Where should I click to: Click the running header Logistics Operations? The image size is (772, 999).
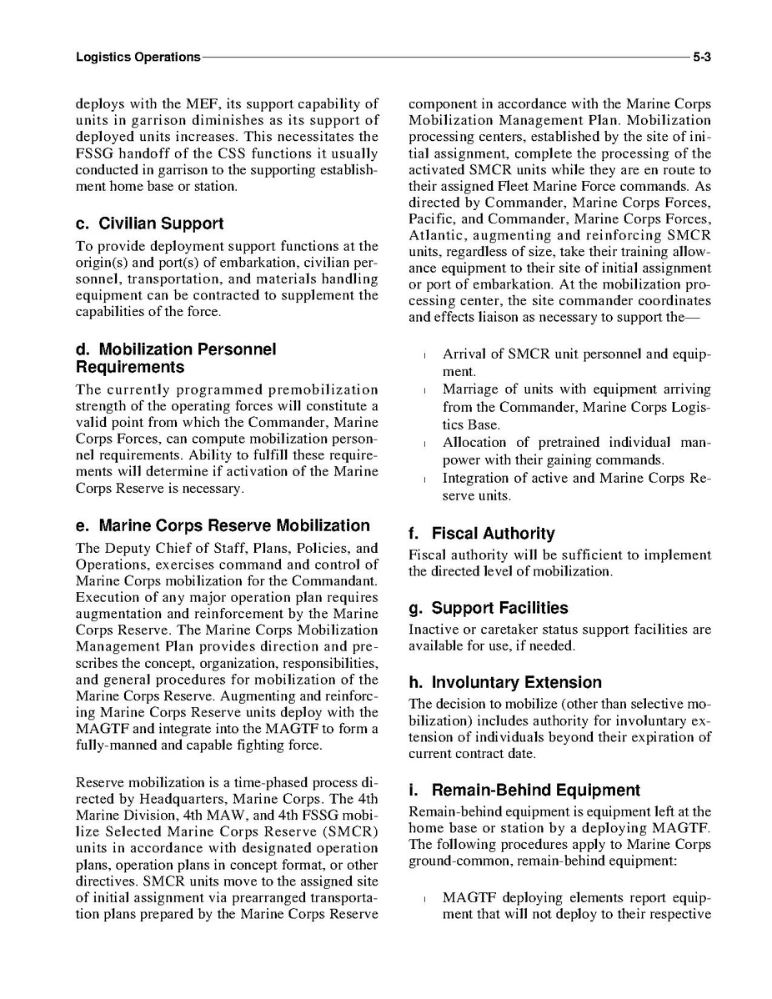[138, 58]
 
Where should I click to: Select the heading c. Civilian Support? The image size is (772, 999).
[149, 223]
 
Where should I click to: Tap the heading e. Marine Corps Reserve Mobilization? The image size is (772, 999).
[223, 526]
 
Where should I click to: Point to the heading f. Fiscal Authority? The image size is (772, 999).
[482, 534]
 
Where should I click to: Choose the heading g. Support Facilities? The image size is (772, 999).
[489, 608]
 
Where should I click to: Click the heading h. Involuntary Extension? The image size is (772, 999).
[505, 683]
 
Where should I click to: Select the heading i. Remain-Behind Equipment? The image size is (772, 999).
[524, 791]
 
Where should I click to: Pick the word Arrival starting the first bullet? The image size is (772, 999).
[466, 354]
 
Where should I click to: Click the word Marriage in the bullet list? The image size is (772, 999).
[472, 390]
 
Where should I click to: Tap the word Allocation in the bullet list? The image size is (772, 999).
[474, 443]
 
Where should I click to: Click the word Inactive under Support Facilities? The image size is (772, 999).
[434, 630]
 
